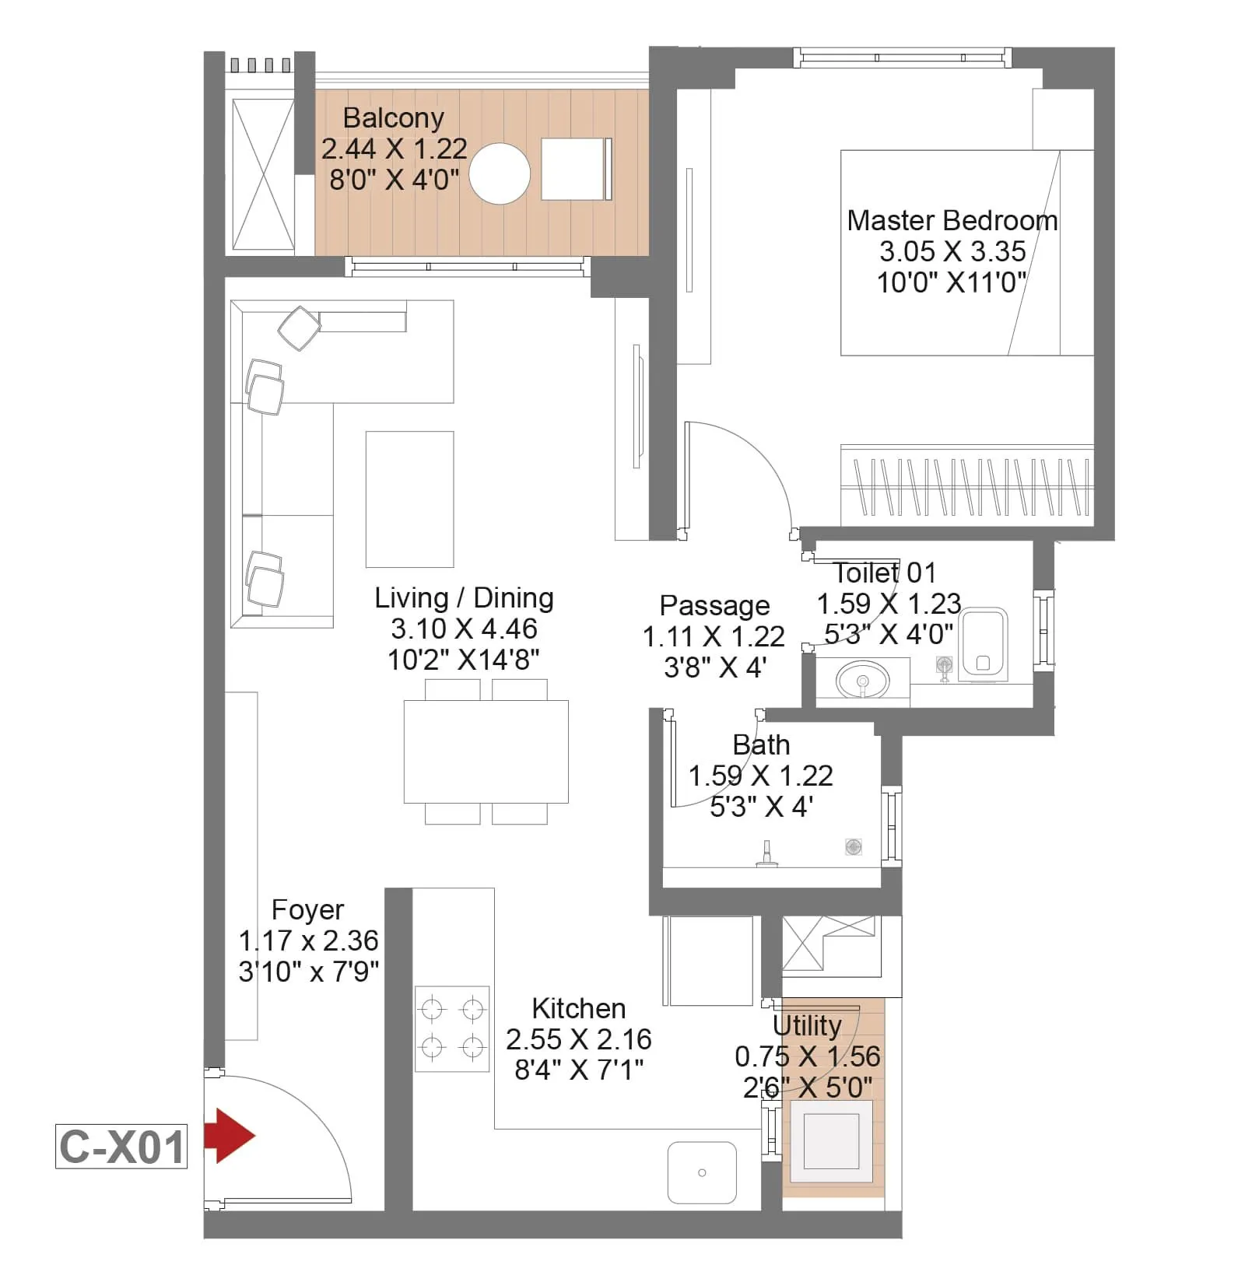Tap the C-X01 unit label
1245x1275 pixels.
point(121,1147)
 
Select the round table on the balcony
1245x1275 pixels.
point(500,173)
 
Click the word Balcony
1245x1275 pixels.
point(393,118)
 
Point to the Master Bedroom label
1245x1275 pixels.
point(952,221)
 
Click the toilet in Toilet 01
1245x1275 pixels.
point(983,645)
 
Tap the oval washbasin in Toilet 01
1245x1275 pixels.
point(862,680)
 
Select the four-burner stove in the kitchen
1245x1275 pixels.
point(452,1029)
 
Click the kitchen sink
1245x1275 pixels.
point(702,1172)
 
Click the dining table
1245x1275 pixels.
point(486,751)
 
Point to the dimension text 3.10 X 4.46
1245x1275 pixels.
point(464,629)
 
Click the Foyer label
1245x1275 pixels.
point(307,909)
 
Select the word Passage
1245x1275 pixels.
point(714,605)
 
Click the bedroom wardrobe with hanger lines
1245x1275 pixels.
point(967,486)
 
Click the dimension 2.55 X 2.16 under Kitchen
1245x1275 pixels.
point(578,1039)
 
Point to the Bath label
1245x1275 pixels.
point(761,745)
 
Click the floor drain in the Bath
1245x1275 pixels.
point(854,846)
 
